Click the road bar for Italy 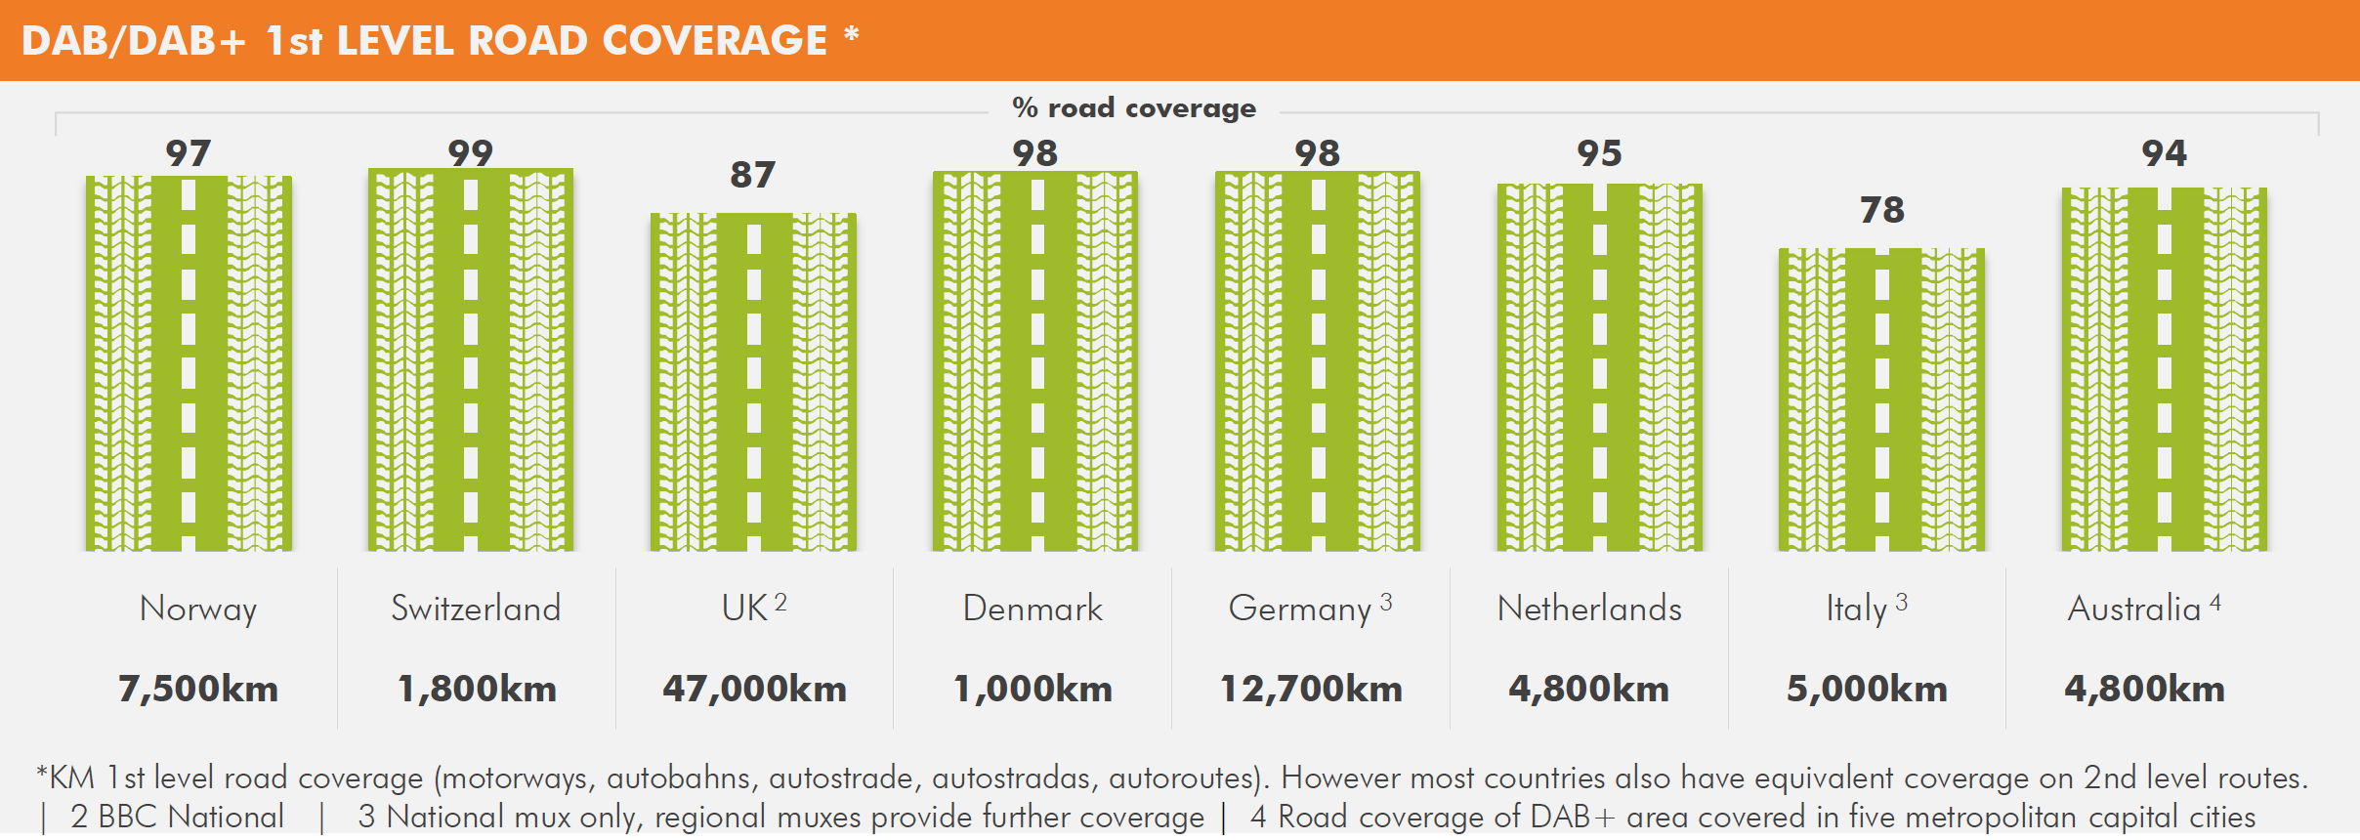tap(1881, 400)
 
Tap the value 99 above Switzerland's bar tap(471, 152)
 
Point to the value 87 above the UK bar tap(753, 175)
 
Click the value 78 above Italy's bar tap(1882, 210)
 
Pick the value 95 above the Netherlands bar tap(1600, 153)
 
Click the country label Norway tap(198, 609)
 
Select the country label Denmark tap(1032, 609)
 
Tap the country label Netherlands tap(1589, 609)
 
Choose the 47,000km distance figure tap(754, 689)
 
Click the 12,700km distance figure tap(1311, 689)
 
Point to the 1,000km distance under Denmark tap(1032, 689)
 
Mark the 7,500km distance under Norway tap(198, 689)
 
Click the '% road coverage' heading tap(1134, 107)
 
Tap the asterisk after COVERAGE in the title tap(852, 35)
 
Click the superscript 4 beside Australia tap(2215, 603)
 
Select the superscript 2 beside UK tap(780, 603)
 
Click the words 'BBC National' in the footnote tap(190, 817)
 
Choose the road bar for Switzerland tap(471, 360)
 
